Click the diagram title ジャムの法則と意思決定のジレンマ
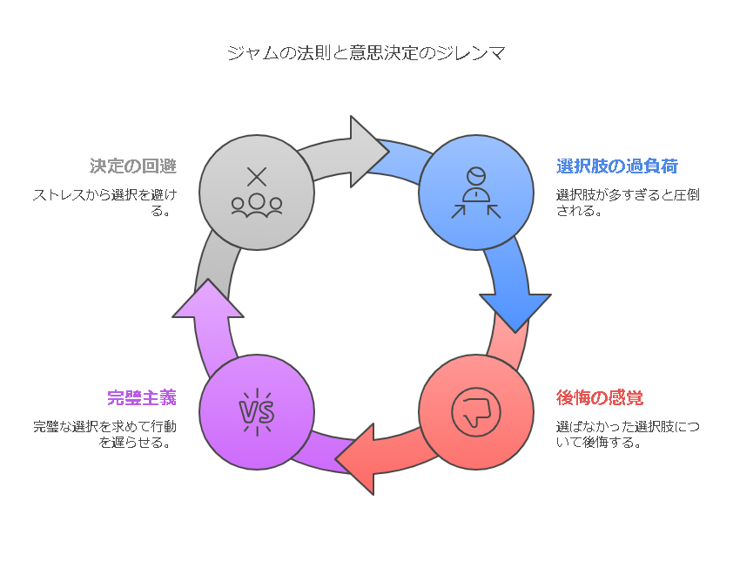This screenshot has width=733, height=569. pyautogui.click(x=366, y=53)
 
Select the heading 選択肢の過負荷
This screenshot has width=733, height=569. pyautogui.click(x=616, y=166)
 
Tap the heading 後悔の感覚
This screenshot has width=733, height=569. pyautogui.click(x=599, y=397)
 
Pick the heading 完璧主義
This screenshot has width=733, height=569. pyautogui.click(x=142, y=397)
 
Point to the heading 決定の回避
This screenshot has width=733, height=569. pyautogui.click(x=133, y=166)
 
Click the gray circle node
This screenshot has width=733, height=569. pyautogui.click(x=257, y=193)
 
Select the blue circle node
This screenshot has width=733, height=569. pyautogui.click(x=476, y=193)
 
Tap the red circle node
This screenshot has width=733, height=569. pyautogui.click(x=476, y=412)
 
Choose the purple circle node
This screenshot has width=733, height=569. pyautogui.click(x=257, y=412)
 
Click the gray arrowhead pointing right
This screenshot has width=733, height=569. pyautogui.click(x=367, y=152)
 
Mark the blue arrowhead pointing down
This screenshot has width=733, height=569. pyautogui.click(x=515, y=311)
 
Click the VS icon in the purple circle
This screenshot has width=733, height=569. pyautogui.click(x=257, y=412)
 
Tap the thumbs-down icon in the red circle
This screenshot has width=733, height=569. pyautogui.click(x=476, y=412)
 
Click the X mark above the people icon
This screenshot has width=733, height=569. pyautogui.click(x=257, y=177)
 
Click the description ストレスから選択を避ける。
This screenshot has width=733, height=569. pyautogui.click(x=104, y=202)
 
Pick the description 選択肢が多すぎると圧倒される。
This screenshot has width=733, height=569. pyautogui.click(x=628, y=202)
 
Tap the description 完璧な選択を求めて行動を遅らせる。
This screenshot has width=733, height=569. pyautogui.click(x=104, y=434)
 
